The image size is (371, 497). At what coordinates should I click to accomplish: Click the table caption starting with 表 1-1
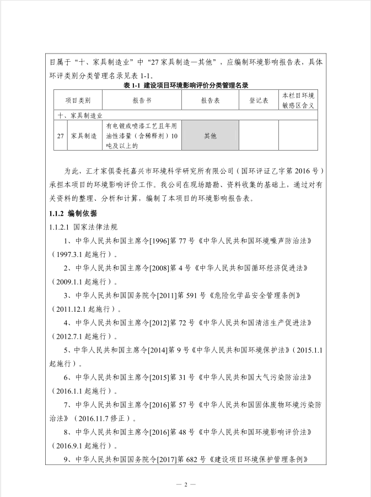pos(185,85)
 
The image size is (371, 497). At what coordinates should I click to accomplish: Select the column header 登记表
pos(259,101)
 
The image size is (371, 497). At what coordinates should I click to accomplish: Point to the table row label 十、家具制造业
pos(79,116)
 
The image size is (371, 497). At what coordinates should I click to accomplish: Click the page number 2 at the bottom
pos(186,484)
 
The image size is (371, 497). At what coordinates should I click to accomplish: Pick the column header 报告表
pos(210,101)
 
